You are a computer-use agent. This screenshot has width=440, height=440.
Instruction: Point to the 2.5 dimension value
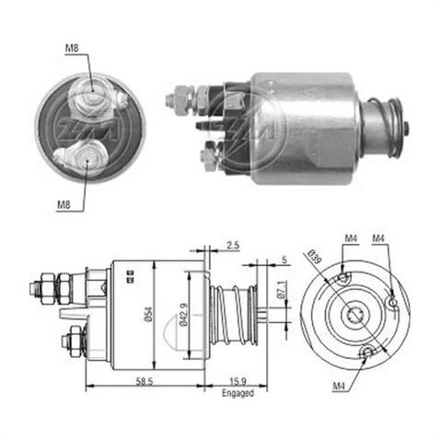click(x=232, y=245)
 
